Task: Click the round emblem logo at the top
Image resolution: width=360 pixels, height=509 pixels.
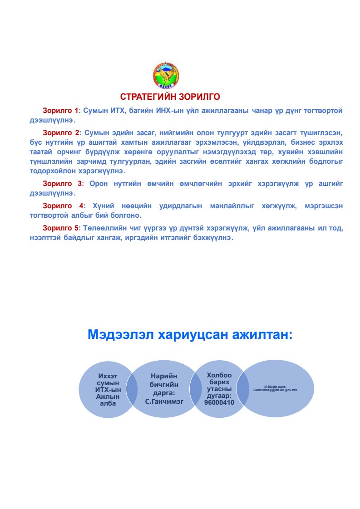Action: (165, 75)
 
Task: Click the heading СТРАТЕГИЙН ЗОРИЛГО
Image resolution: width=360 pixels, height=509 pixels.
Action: (170, 97)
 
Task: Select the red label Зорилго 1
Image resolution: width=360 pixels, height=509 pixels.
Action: (60, 111)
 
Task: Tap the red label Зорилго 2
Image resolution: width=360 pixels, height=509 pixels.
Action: (60, 132)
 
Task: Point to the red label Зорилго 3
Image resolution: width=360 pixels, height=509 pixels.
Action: (62, 184)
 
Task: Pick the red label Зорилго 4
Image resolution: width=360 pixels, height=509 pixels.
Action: (63, 206)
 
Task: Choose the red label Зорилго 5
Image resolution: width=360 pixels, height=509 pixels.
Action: (60, 227)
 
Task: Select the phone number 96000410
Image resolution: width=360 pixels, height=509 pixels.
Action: (219, 402)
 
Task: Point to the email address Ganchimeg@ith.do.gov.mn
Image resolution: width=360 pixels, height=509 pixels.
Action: (275, 390)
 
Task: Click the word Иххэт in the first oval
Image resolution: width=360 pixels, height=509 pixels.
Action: (108, 376)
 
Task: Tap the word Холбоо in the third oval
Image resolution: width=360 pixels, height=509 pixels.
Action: (219, 375)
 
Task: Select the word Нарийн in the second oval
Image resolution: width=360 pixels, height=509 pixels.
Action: (164, 376)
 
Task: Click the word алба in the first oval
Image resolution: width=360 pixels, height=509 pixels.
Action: (108, 403)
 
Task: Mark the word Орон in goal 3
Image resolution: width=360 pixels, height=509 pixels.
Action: (98, 184)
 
